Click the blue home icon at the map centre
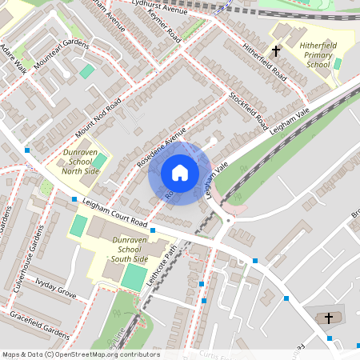[180, 173]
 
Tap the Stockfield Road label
[247, 111]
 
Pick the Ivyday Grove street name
[57, 289]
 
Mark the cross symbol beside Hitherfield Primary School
[276, 51]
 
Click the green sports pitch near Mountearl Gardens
[86, 72]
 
